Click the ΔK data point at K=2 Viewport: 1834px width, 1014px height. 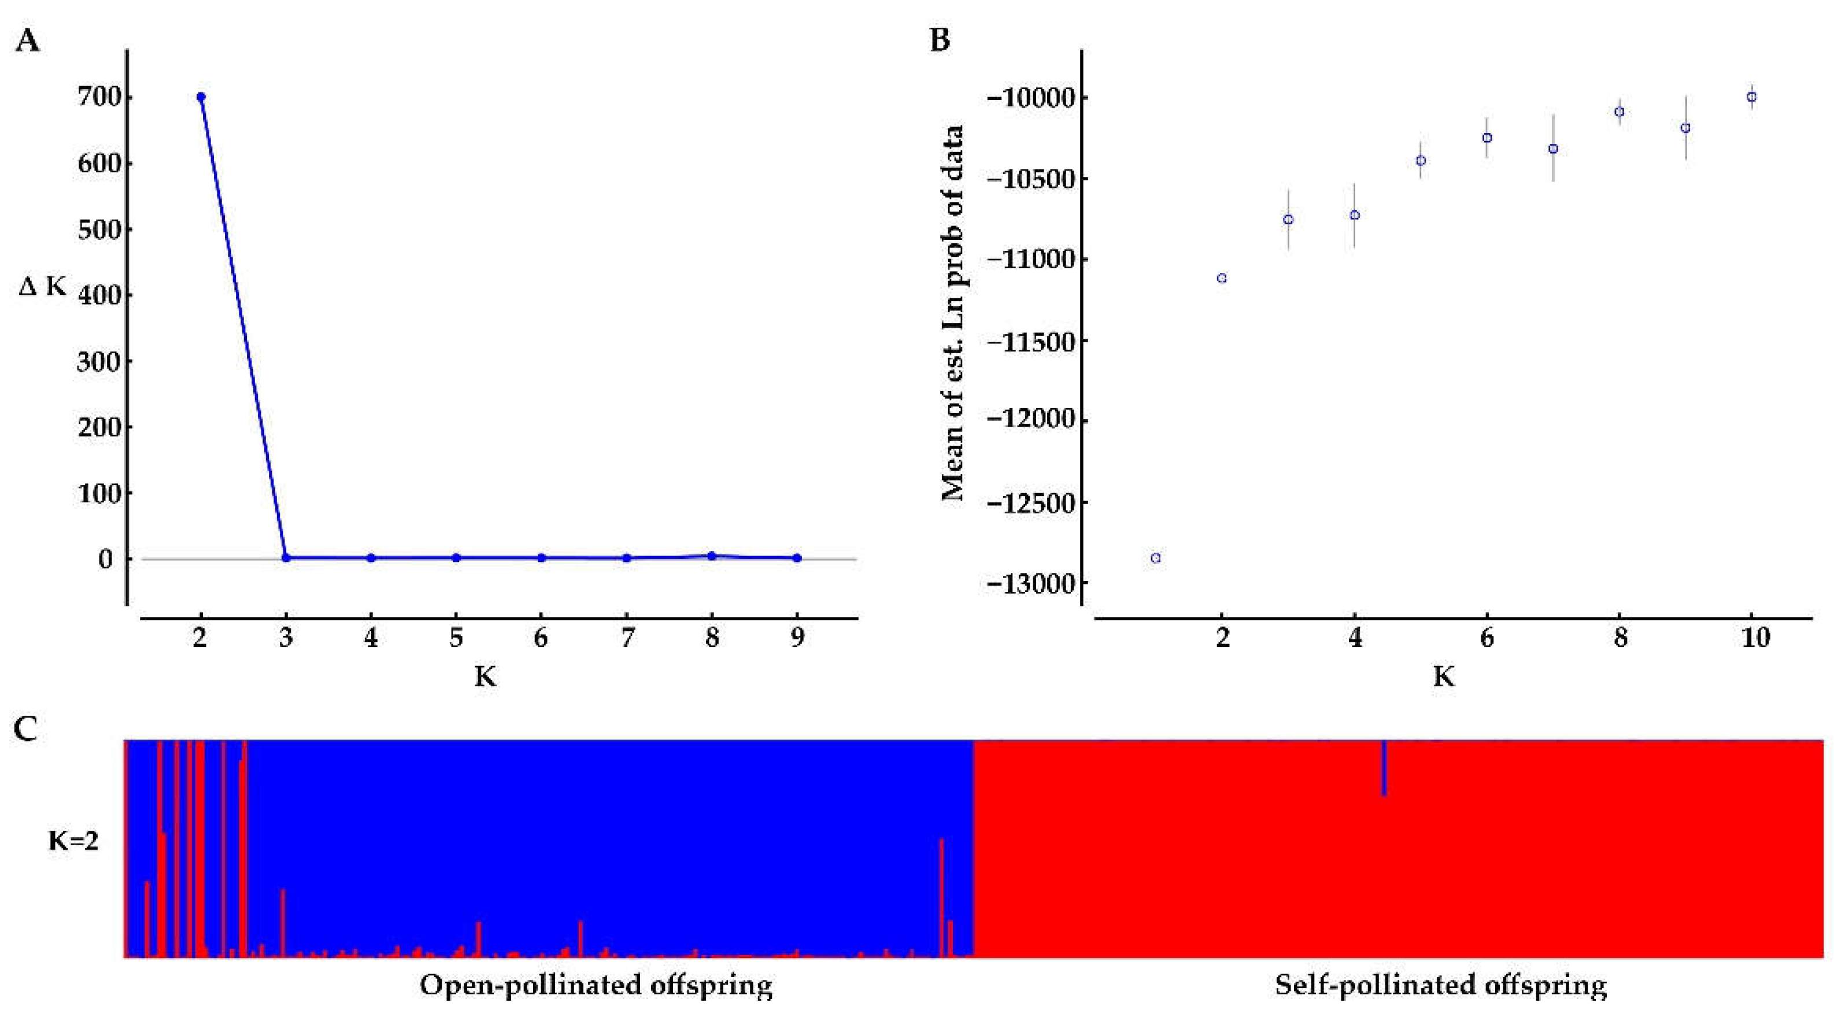(x=201, y=97)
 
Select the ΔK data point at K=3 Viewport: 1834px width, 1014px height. (x=286, y=557)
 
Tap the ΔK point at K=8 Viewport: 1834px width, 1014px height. (x=711, y=556)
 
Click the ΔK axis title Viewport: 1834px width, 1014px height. (x=42, y=287)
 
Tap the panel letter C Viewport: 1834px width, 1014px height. (x=25, y=729)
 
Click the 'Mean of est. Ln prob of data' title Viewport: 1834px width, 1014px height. (x=953, y=313)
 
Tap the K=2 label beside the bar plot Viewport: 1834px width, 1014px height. (x=73, y=842)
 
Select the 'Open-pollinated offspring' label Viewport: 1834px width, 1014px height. (x=596, y=986)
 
